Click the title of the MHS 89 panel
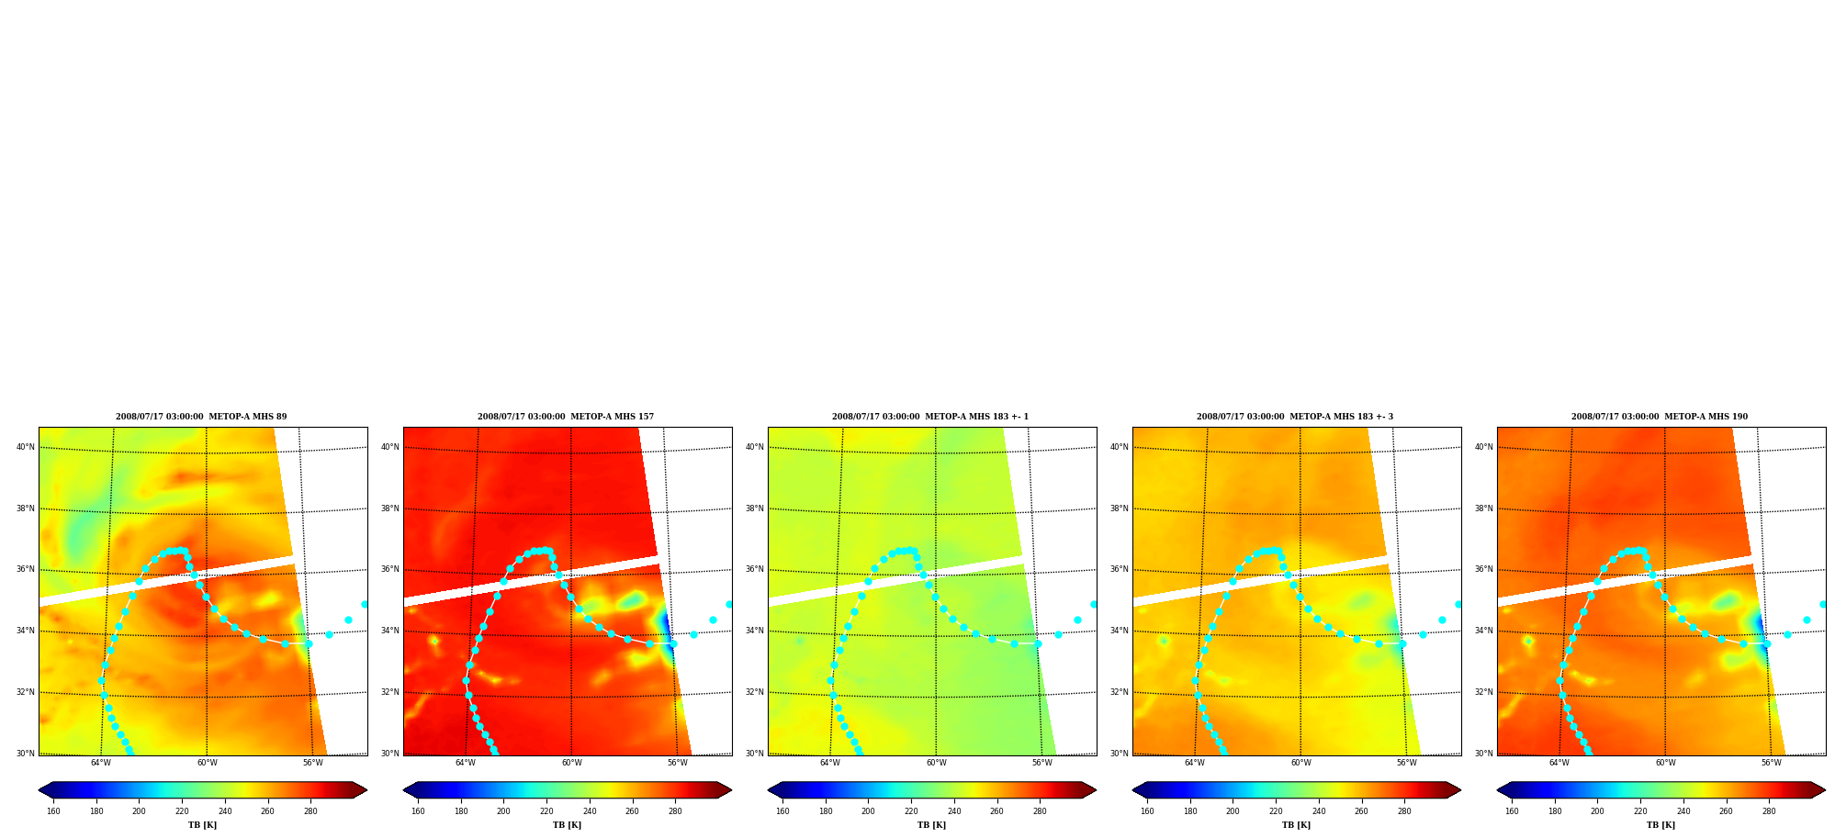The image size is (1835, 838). point(201,417)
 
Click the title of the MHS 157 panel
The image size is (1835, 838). point(566,417)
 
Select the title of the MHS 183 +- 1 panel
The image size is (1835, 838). point(930,417)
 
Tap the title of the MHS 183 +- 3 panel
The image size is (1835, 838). point(1295,417)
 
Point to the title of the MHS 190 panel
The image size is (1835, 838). point(1660,417)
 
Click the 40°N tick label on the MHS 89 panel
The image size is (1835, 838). point(26,447)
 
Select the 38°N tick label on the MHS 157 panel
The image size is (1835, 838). point(390,508)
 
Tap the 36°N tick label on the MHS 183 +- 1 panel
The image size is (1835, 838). point(755,569)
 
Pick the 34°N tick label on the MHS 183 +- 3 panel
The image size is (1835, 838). point(1120,631)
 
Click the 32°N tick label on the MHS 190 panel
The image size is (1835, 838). point(1484,692)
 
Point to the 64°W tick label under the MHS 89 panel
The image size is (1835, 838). point(101,763)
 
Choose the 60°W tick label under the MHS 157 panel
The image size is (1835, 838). point(572,763)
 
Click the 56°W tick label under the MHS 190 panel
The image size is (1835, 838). point(1772,763)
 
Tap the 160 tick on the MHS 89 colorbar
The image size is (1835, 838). point(53,811)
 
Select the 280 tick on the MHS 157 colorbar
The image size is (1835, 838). point(675,811)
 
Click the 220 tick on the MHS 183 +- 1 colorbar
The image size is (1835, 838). point(911,811)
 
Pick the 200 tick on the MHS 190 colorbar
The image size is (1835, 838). point(1597,811)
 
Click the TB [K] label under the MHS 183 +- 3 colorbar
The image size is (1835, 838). point(1296,825)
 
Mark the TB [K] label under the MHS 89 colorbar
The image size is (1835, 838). point(202,825)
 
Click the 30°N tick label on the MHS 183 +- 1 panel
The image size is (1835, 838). point(755,754)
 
